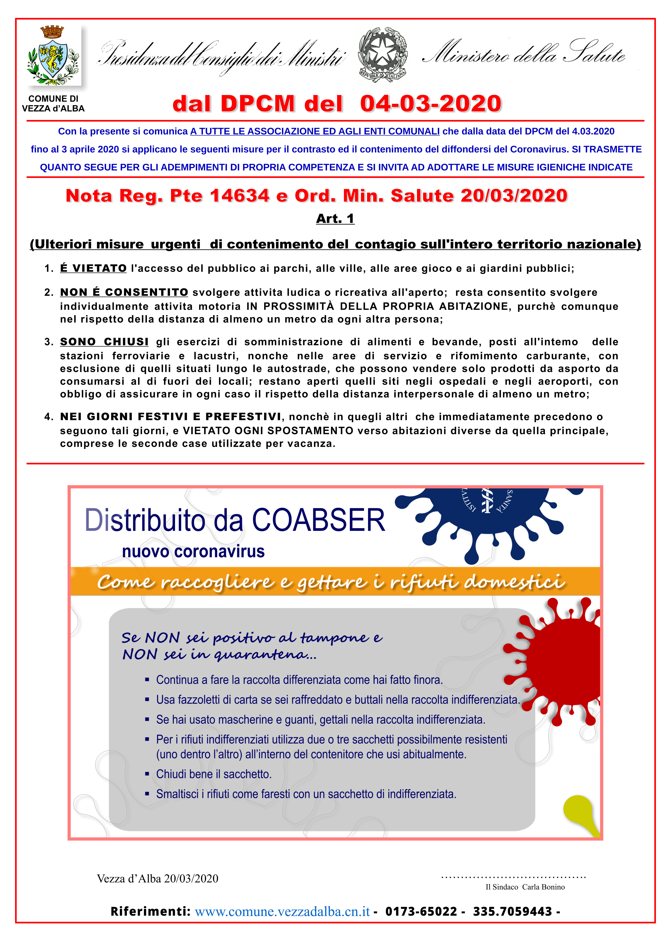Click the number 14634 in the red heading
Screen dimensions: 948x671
(240, 196)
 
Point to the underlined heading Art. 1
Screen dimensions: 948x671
(335, 218)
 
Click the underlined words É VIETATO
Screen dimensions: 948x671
(93, 268)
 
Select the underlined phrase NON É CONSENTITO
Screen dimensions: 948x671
(124, 292)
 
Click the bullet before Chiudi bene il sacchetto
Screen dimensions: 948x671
(147, 774)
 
